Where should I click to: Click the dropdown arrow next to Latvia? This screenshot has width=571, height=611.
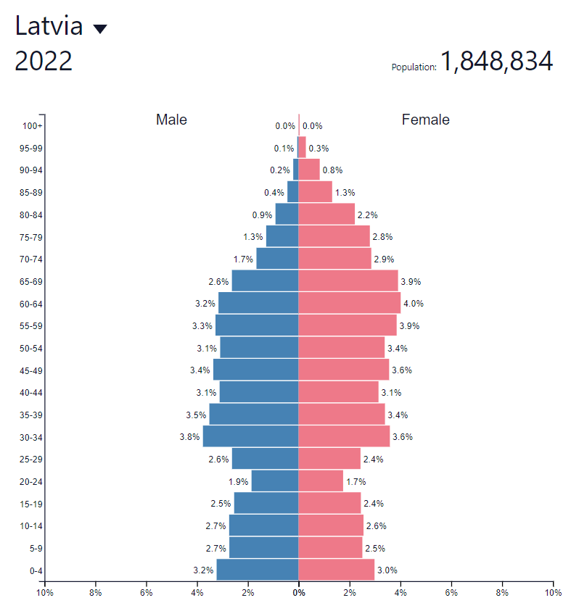(x=100, y=29)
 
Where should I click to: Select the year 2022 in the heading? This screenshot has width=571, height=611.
(x=44, y=62)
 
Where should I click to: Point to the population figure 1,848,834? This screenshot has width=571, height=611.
(x=496, y=62)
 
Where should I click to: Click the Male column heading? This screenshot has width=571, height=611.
(x=171, y=120)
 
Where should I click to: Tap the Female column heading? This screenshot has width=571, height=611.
(x=425, y=120)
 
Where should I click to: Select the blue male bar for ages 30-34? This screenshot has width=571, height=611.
(x=250, y=436)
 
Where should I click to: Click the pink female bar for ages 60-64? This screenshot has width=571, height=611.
(x=349, y=303)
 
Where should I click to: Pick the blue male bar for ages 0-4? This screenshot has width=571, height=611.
(x=257, y=570)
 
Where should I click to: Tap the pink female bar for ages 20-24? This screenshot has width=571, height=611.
(x=321, y=481)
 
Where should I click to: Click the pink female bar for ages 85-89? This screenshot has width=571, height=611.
(x=315, y=192)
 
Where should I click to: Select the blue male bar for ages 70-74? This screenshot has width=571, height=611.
(x=277, y=259)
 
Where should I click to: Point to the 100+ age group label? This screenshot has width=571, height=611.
(x=33, y=126)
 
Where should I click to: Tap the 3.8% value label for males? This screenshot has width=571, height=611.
(x=189, y=437)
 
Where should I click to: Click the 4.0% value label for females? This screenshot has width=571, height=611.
(x=413, y=304)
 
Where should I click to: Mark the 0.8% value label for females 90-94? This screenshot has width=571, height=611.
(x=332, y=170)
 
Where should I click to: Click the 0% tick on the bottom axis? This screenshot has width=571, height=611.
(x=298, y=592)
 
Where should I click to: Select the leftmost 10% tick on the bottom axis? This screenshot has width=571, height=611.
(x=44, y=592)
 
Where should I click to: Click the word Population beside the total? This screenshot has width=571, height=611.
(x=414, y=67)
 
